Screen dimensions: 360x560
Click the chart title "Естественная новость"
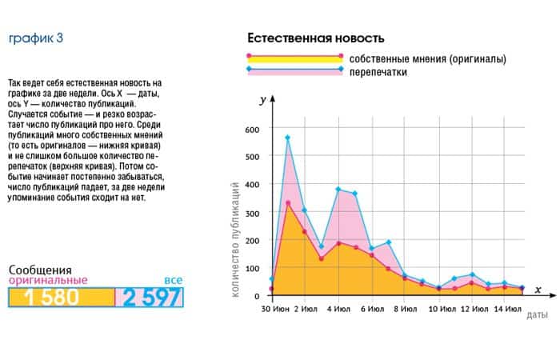(315, 38)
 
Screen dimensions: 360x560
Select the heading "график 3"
(35, 38)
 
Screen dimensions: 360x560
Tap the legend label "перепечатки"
(378, 72)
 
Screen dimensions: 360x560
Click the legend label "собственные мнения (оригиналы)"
(428, 58)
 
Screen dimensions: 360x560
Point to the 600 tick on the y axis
(251, 130)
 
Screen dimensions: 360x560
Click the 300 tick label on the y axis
(251, 213)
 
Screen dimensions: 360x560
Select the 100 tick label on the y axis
(251, 269)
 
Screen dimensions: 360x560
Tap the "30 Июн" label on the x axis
(276, 308)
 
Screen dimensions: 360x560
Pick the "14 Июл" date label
(508, 308)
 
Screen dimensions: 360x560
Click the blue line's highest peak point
(287, 138)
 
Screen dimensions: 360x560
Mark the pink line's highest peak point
(287, 203)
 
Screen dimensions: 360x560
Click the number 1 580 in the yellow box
(51, 298)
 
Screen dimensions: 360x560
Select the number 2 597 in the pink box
(152, 298)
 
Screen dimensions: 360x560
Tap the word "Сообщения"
(40, 270)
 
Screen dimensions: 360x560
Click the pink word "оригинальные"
(47, 281)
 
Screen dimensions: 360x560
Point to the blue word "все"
(173, 280)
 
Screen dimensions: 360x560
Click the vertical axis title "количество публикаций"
(236, 239)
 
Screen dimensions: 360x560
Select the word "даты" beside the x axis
(537, 314)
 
